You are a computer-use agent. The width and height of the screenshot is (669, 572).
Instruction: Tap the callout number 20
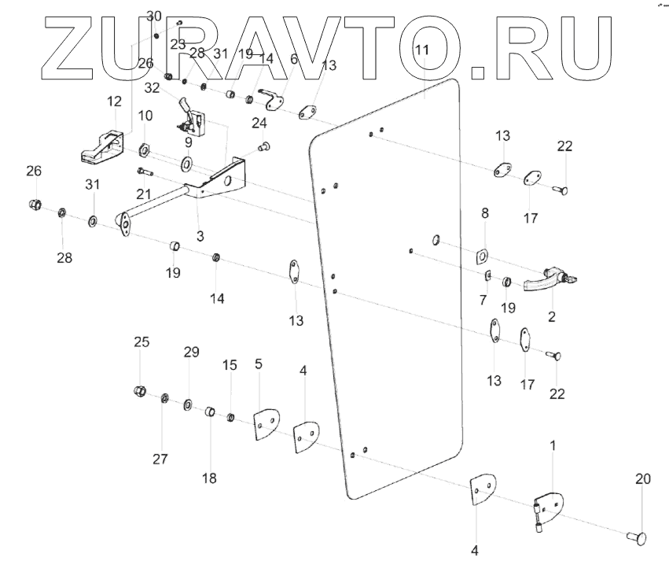tap(642, 478)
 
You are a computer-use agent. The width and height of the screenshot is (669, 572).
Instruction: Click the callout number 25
tap(141, 342)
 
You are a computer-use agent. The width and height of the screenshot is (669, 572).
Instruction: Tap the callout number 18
tap(210, 478)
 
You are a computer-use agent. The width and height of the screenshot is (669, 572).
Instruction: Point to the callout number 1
tap(553, 445)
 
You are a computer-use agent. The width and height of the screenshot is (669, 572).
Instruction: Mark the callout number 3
tap(200, 236)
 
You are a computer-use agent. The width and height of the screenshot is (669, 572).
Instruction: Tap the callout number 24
tap(259, 123)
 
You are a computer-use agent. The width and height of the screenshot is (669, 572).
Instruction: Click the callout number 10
tap(145, 116)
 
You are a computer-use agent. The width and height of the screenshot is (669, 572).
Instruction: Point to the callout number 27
tap(160, 459)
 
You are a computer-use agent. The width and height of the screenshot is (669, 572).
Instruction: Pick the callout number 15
tap(229, 365)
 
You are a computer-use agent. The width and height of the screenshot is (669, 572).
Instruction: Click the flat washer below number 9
tap(189, 164)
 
